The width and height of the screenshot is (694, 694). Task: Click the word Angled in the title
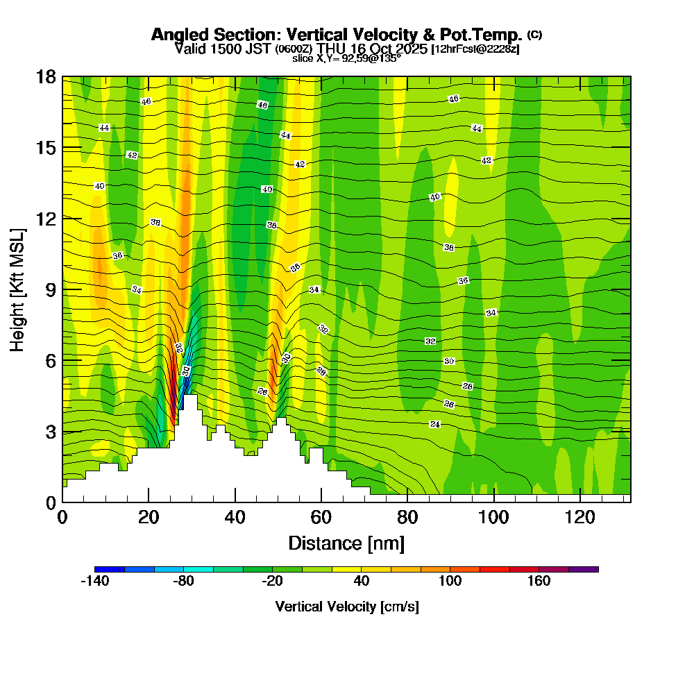coord(176,35)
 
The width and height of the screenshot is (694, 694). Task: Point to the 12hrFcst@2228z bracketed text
coord(475,50)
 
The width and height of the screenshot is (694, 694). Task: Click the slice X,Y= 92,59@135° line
coord(347,58)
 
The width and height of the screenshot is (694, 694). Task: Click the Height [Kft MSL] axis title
coord(17,289)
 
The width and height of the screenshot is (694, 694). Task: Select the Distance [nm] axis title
coord(346,543)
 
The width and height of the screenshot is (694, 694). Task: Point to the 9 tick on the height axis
coord(50,289)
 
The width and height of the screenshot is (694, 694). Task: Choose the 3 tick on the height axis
coord(50,431)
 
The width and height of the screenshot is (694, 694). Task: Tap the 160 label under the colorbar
coord(539,582)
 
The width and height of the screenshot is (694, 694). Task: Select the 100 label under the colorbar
coord(450,582)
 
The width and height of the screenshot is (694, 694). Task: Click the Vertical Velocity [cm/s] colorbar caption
coord(347,607)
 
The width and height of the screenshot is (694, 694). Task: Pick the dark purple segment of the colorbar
coord(583,569)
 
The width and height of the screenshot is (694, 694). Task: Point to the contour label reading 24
coord(435,424)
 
